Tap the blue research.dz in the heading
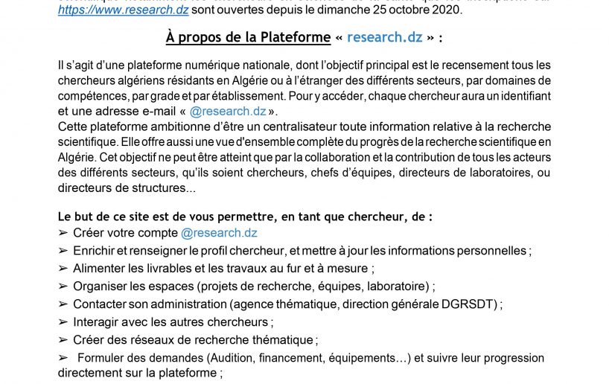[x=386, y=38]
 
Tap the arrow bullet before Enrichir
[x=63, y=251]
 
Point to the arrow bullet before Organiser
[x=63, y=287]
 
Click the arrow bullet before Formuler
[x=63, y=358]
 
